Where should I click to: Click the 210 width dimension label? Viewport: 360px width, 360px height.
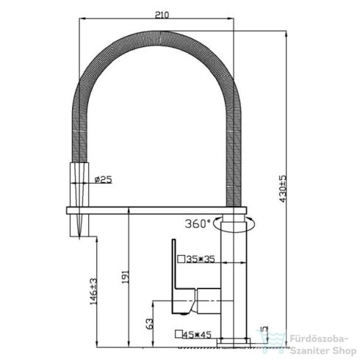coord(162,15)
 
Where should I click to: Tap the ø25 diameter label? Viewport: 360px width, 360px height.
coord(103,180)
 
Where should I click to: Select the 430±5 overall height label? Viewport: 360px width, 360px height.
coord(283,189)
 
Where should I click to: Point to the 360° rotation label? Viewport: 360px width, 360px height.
coord(198,223)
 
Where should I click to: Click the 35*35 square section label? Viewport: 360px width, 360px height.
coord(201,259)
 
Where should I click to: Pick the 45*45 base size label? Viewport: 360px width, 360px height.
coord(197,334)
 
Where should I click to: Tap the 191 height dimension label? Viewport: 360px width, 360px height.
coord(126,277)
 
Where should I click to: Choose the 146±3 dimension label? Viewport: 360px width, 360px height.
coord(93,292)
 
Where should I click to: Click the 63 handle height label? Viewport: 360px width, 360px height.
coord(151,323)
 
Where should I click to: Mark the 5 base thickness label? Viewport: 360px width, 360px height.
coord(265,328)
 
